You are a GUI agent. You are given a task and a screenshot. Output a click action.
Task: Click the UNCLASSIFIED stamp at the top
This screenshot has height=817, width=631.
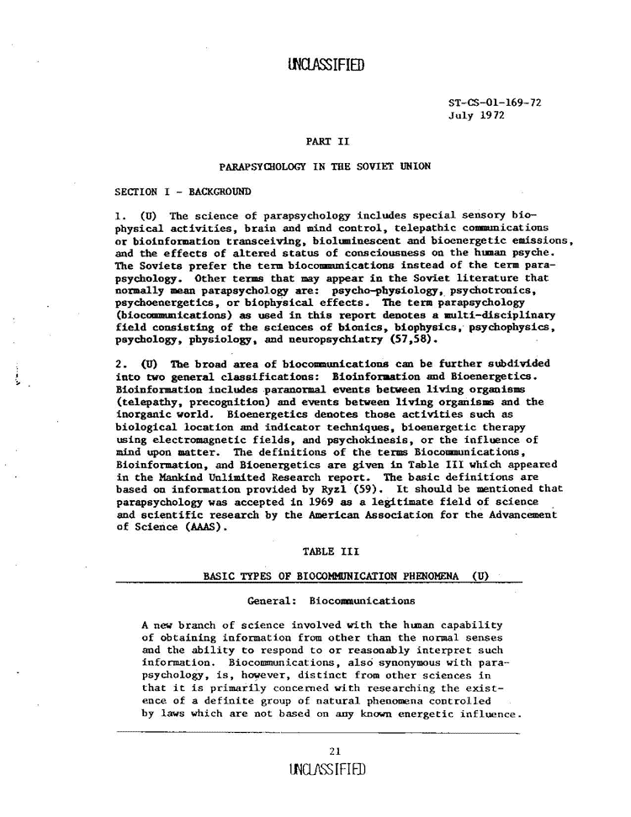pyautogui.click(x=326, y=65)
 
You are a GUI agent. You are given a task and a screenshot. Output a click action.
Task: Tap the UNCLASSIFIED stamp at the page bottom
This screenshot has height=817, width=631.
pyautogui.click(x=326, y=770)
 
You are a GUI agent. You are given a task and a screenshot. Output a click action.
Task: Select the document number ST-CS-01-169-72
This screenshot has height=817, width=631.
pyautogui.click(x=495, y=103)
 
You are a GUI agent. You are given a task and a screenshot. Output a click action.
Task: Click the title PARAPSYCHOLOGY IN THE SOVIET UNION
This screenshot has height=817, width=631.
pyautogui.click(x=325, y=166)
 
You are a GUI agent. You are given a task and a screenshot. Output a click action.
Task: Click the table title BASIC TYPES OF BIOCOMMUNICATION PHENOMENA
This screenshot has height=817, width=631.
pyautogui.click(x=333, y=576)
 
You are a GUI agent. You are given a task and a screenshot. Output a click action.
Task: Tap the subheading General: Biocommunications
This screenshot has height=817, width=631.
pyautogui.click(x=331, y=601)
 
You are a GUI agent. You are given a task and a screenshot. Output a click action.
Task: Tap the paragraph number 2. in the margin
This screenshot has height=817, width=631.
pyautogui.click(x=119, y=364)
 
